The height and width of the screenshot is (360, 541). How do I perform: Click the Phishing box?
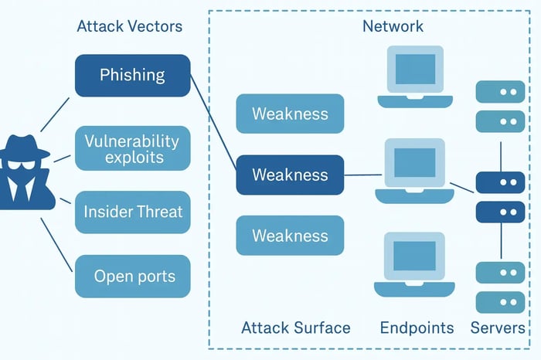(132, 75)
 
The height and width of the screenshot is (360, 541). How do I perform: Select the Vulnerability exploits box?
(132, 148)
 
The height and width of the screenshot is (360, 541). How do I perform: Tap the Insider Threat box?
(132, 212)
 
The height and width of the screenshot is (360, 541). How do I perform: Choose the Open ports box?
(132, 276)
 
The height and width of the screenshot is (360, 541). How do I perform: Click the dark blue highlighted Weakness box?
(290, 175)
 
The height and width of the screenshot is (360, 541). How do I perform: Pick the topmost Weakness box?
(290, 114)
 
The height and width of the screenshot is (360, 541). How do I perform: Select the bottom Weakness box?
(290, 236)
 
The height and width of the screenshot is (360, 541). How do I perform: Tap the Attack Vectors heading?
(130, 26)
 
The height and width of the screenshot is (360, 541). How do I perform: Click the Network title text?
(393, 26)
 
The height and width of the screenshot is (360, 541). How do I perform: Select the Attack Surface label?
(296, 328)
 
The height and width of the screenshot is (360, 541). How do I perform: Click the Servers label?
(498, 328)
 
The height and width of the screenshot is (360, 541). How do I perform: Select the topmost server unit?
(500, 92)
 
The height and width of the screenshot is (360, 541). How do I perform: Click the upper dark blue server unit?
(500, 182)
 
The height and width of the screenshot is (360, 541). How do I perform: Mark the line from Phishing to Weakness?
(213, 124)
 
